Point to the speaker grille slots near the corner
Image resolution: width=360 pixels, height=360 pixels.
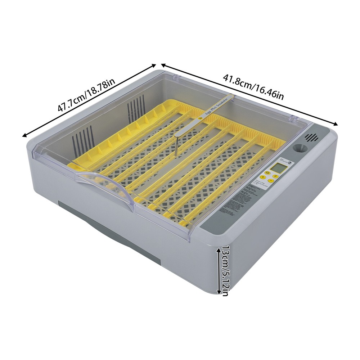(x=312, y=138)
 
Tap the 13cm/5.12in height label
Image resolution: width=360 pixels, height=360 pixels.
(x=225, y=271)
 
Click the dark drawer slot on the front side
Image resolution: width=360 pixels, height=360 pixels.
(x=108, y=230)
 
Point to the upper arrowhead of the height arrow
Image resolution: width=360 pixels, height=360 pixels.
(x=219, y=249)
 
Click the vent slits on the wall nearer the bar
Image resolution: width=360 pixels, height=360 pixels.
(x=136, y=107)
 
